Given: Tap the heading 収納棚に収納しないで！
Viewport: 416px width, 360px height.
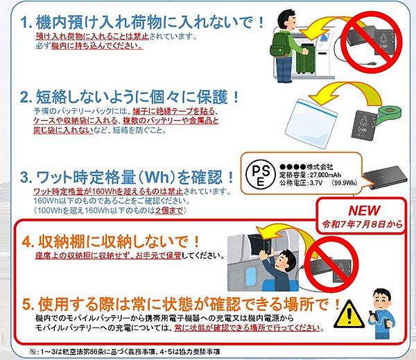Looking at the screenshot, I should [121, 243].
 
